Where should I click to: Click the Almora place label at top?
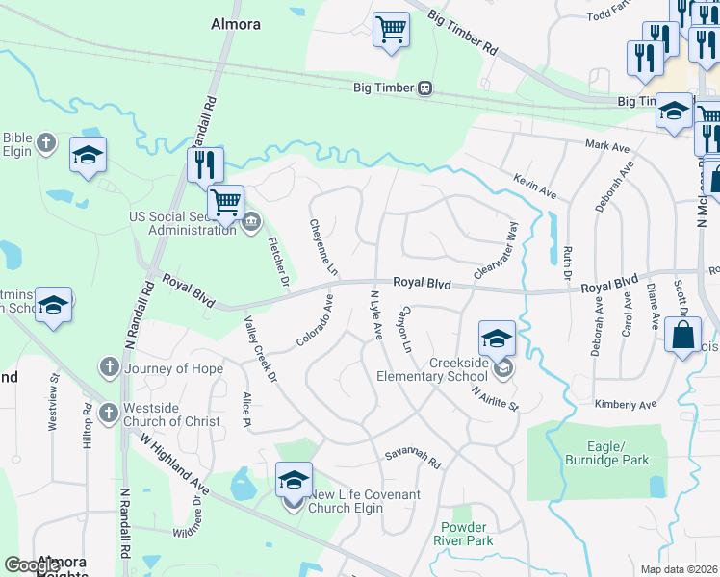click(x=236, y=24)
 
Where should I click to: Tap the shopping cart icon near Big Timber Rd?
click(x=391, y=29)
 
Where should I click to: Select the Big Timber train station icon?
click(x=424, y=88)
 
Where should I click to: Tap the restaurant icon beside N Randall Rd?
click(x=205, y=164)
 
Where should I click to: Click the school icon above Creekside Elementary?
click(x=497, y=338)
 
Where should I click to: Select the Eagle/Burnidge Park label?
click(x=619, y=453)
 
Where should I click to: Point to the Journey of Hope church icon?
click(x=109, y=368)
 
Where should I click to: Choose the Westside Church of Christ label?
click(x=171, y=414)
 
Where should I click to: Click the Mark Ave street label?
click(x=607, y=145)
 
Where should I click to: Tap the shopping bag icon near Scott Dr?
click(x=682, y=336)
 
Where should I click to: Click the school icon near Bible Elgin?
click(x=88, y=155)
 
